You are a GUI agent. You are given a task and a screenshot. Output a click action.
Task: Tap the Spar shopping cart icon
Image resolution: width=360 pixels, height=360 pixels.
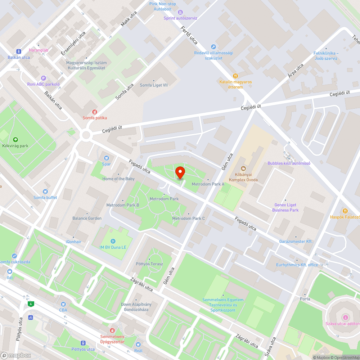[x=106, y=158]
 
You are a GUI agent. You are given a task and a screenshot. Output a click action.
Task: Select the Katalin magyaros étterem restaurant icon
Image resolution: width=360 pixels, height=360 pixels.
[x=235, y=76]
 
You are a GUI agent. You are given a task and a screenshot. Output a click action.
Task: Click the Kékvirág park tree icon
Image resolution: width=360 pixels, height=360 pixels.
[x=15, y=140]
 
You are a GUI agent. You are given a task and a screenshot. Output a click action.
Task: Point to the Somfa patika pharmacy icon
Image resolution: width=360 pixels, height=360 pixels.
[x=95, y=112]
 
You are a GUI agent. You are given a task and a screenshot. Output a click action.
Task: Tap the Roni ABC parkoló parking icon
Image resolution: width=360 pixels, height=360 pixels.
[x=44, y=78]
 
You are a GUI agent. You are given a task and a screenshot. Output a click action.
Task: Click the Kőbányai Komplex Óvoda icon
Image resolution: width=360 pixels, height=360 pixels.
[x=243, y=168]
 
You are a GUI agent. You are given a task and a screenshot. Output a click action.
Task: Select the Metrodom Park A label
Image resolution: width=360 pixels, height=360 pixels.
[x=208, y=184]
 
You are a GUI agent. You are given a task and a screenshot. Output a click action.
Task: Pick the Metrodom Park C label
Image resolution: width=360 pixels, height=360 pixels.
[x=188, y=218]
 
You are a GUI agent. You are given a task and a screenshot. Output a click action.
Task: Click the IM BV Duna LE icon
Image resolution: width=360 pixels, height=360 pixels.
[x=113, y=241]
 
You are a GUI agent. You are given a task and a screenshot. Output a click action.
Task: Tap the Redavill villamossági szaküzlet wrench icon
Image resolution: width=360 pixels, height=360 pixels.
[x=213, y=46]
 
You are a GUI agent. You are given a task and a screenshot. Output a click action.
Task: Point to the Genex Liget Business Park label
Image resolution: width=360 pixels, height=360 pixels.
[x=285, y=207]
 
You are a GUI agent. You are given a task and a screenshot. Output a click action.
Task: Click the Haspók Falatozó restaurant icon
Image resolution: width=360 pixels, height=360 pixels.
[x=345, y=211]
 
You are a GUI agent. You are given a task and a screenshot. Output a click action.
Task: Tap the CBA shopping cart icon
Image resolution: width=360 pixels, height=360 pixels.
[x=63, y=304]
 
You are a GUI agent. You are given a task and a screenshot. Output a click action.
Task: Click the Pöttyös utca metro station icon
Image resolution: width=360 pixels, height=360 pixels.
[x=83, y=343]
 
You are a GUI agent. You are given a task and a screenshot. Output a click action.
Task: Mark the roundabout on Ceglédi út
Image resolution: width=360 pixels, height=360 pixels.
[x=86, y=135]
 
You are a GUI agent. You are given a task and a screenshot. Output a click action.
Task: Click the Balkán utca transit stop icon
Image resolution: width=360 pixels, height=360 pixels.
[x=19, y=51]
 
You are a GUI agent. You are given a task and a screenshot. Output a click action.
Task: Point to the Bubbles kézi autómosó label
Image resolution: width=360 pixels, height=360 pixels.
[x=289, y=163]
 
